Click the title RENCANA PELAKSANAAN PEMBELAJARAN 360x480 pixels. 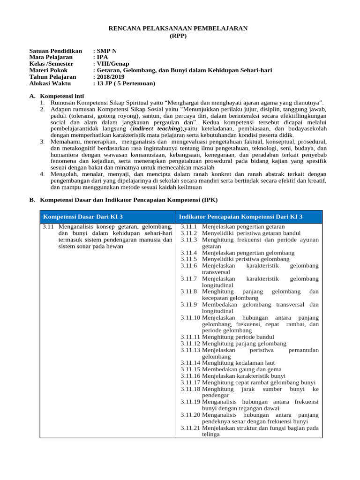pos(178,29)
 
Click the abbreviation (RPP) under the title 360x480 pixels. pos(178,36)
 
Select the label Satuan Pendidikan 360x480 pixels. pos(55,51)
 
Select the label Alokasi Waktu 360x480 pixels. pos(50,83)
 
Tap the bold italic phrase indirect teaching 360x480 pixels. pos(156,128)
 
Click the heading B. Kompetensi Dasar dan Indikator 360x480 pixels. pos(123,200)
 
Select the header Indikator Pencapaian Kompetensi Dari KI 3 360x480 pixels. pos(241,217)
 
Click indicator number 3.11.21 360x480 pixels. pos(190,427)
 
